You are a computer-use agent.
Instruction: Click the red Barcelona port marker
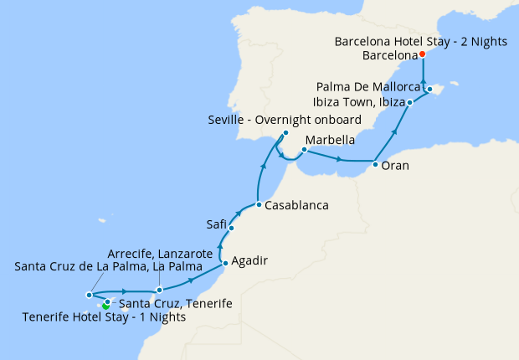coord(423,54)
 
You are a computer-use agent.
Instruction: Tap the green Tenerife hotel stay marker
coord(105,306)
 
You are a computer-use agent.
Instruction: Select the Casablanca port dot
coord(259,205)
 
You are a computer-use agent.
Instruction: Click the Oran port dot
coord(375,165)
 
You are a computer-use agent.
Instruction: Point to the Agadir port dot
coord(224,265)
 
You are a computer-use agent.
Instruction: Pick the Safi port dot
coord(231,228)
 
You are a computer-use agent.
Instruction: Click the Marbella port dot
coord(304,151)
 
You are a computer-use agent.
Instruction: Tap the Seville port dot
coord(285,132)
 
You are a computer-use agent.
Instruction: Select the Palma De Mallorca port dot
coord(429,89)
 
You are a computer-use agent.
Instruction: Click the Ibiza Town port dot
coord(409,103)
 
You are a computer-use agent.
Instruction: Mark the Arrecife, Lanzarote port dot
coord(159,290)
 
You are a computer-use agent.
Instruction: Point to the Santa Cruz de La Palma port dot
coord(89,295)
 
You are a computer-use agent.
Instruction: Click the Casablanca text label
coord(295,205)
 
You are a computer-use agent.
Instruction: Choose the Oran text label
coord(395,166)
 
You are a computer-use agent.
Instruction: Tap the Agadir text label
coord(249,260)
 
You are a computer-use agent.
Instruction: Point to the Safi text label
coord(216,224)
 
